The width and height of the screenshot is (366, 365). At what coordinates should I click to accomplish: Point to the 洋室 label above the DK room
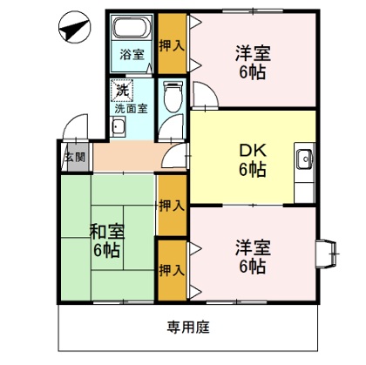coord(252,52)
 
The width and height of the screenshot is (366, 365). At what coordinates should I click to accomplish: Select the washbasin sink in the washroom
coord(119,131)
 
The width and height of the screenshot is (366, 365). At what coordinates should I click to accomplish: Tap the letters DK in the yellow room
coord(252,149)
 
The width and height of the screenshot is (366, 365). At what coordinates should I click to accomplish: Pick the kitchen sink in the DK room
coord(304,159)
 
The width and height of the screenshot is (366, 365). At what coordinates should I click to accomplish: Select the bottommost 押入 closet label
coord(171,270)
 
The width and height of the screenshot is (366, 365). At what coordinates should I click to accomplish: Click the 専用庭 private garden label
coord(188,328)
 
